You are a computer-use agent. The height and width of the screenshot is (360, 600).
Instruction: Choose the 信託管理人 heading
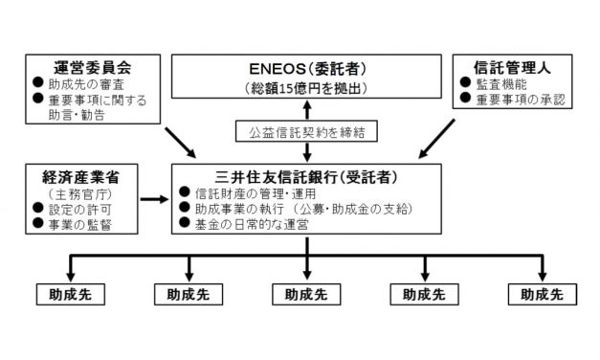click(510, 69)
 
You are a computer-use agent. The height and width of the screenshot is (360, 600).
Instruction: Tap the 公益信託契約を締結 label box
click(306, 131)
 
